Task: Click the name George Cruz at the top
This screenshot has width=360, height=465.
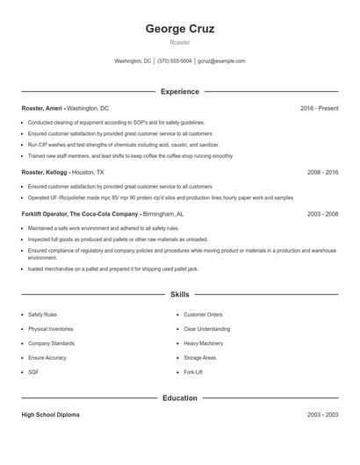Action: (180, 29)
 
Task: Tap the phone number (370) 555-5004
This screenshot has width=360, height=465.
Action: (174, 61)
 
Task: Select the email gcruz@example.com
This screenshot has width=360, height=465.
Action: (221, 61)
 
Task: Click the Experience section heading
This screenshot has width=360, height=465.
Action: (180, 91)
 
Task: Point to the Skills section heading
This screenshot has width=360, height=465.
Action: (180, 295)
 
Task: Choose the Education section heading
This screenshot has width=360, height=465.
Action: (180, 398)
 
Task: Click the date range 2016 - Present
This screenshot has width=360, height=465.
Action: (319, 108)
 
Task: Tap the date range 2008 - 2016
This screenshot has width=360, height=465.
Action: (322, 173)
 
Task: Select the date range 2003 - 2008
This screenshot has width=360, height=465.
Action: (322, 214)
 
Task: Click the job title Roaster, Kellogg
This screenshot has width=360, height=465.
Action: (45, 173)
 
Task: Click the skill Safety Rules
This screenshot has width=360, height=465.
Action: (42, 314)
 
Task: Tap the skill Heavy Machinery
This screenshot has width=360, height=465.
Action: (203, 343)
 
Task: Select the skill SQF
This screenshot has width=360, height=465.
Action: (33, 372)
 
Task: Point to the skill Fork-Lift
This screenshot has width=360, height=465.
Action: (193, 372)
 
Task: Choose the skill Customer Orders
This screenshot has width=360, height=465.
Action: (203, 314)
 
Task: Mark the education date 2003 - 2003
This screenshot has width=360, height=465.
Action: (322, 414)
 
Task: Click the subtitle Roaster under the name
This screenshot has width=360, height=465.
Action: (180, 42)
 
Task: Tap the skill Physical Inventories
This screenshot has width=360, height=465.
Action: (50, 329)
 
